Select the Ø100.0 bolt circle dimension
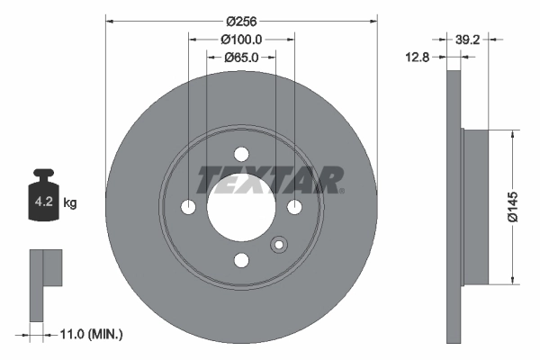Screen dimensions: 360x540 [240, 40]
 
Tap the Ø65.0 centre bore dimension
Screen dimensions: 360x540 [240, 58]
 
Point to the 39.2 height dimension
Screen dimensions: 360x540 [467, 40]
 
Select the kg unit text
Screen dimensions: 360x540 [70, 203]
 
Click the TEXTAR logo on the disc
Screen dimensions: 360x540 [270, 179]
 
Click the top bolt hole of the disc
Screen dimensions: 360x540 [241, 154]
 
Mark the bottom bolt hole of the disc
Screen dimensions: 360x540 [241, 261]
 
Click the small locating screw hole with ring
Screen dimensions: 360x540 [278, 243]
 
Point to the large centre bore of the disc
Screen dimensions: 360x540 [240, 208]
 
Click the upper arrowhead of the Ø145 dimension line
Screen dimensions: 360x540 [512, 134]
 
